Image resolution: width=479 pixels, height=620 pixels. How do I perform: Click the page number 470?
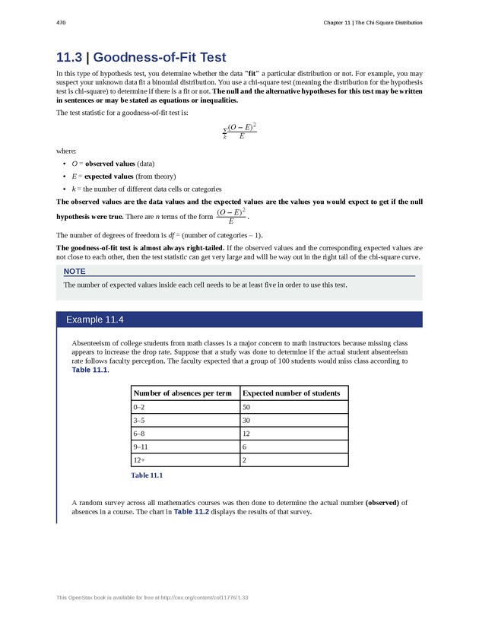tap(62, 24)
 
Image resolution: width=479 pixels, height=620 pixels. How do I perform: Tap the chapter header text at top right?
tap(372, 24)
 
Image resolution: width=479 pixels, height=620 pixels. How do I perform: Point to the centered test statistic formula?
tap(239, 132)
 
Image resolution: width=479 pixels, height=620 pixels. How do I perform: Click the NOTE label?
tap(75, 272)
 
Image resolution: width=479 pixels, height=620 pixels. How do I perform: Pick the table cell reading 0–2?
tap(139, 408)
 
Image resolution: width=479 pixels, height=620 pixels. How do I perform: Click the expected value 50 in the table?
tap(246, 408)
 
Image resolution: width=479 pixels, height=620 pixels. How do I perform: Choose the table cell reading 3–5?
tap(139, 421)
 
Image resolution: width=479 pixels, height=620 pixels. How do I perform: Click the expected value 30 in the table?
tap(246, 421)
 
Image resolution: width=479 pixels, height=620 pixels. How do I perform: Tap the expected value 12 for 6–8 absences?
tap(246, 434)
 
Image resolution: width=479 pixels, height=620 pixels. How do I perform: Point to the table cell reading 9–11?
tap(141, 447)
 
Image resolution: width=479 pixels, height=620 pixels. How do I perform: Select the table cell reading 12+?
tap(139, 459)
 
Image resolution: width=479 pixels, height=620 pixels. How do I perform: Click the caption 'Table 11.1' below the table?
tap(147, 475)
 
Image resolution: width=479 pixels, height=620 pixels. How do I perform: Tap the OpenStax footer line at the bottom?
tap(153, 598)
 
